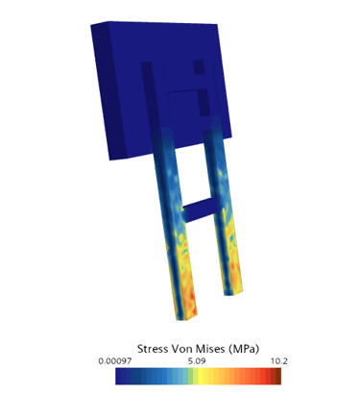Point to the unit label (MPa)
point(244,349)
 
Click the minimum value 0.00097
point(115,361)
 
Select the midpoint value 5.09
point(197,361)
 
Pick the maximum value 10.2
point(279,361)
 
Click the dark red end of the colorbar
point(277,376)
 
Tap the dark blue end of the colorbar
point(119,376)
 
